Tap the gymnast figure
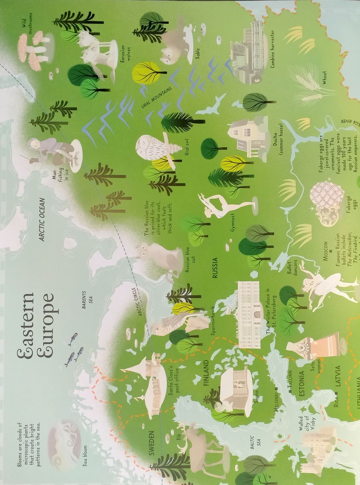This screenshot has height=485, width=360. (221, 206)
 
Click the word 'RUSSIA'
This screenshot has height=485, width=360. (215, 268)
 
